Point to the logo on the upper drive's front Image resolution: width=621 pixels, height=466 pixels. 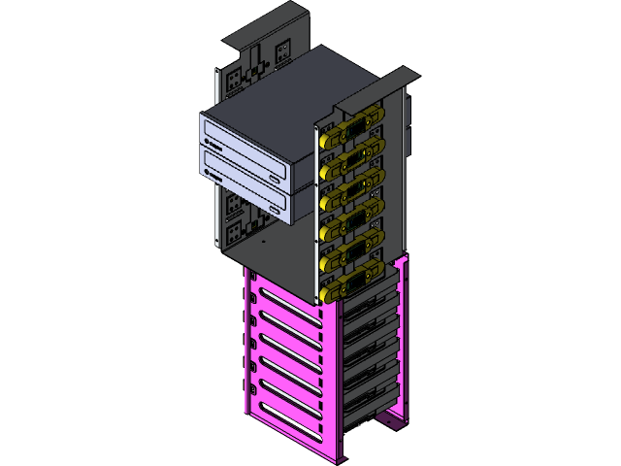[x=212, y=143]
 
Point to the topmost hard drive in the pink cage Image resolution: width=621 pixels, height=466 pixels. [x=374, y=306]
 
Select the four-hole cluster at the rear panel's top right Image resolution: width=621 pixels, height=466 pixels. [x=283, y=50]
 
